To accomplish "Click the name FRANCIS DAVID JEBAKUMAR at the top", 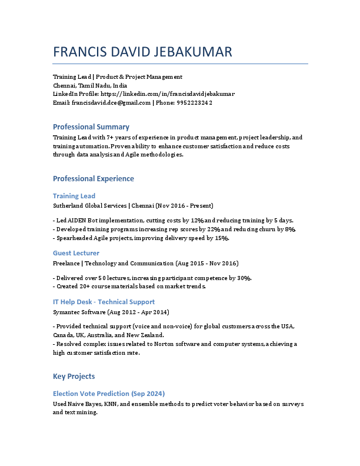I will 142,52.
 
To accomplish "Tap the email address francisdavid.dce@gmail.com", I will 111,102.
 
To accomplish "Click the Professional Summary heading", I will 91,127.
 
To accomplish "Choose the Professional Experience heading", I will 94,178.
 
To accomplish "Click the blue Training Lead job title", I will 74,196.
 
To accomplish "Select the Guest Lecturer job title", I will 76,253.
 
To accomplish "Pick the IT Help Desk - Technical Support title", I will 104,302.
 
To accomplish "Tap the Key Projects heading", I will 74,376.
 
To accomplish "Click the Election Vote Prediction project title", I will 109,393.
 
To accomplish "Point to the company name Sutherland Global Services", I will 90,206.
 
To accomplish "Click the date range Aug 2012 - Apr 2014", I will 138,312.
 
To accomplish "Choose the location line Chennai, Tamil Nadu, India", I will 86,85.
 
